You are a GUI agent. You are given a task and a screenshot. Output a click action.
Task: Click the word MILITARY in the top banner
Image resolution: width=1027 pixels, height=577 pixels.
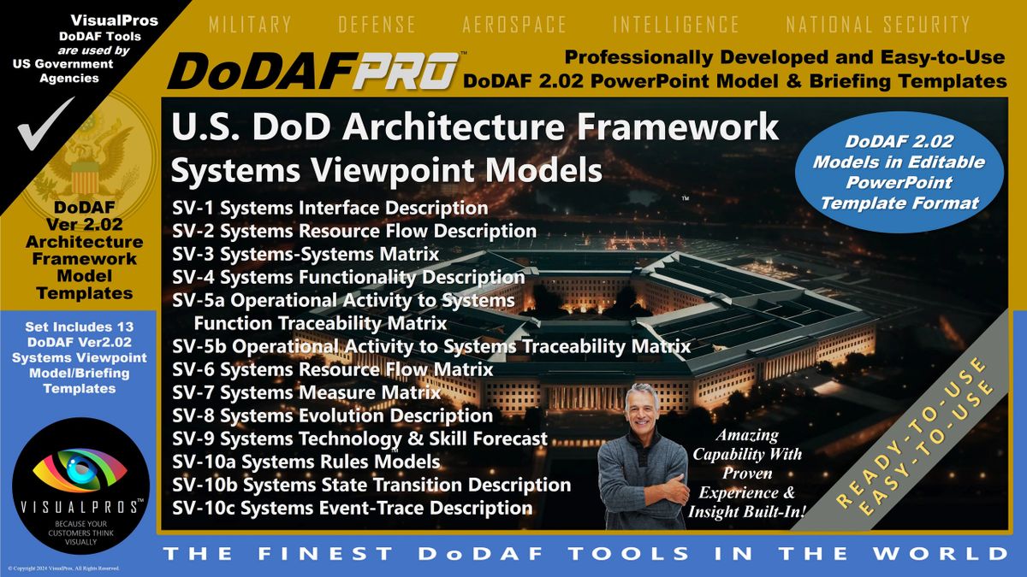click(250, 24)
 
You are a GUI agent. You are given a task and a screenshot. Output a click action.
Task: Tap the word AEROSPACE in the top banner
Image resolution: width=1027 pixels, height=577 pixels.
click(514, 24)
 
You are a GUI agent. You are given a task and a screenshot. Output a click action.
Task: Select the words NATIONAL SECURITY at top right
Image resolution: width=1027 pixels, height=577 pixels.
click(878, 24)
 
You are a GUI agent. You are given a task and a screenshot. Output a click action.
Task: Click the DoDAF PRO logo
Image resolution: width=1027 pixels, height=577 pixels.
click(314, 71)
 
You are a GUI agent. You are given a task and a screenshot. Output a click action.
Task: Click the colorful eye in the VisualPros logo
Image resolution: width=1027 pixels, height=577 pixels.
click(80, 470)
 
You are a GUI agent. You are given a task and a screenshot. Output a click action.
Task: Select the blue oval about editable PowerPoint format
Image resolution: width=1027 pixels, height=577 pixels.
click(899, 172)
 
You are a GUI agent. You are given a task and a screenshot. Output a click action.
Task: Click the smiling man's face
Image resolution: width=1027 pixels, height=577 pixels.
click(642, 409)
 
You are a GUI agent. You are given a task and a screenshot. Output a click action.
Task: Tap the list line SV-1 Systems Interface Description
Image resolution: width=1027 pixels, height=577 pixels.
click(330, 208)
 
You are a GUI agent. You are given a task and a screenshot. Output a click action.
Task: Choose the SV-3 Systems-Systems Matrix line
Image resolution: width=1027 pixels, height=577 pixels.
click(306, 254)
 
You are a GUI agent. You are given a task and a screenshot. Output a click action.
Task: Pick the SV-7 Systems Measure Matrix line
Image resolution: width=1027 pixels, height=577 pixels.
click(306, 392)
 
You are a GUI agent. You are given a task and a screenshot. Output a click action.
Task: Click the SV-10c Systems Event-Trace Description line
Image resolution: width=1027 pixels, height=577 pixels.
click(352, 508)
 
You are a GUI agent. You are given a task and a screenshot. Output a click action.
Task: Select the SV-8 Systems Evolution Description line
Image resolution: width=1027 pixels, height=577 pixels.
click(332, 415)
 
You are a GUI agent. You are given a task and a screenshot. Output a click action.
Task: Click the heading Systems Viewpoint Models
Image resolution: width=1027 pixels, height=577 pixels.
click(387, 170)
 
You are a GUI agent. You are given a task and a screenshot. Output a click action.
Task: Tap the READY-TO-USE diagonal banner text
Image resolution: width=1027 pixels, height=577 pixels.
click(910, 432)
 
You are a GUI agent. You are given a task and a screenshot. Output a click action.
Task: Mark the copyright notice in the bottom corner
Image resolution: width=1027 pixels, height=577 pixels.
click(63, 568)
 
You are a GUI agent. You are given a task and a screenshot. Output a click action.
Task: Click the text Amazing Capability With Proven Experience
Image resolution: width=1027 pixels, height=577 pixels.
click(747, 464)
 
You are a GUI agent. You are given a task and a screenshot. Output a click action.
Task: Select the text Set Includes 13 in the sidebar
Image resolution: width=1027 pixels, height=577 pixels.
click(80, 327)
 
